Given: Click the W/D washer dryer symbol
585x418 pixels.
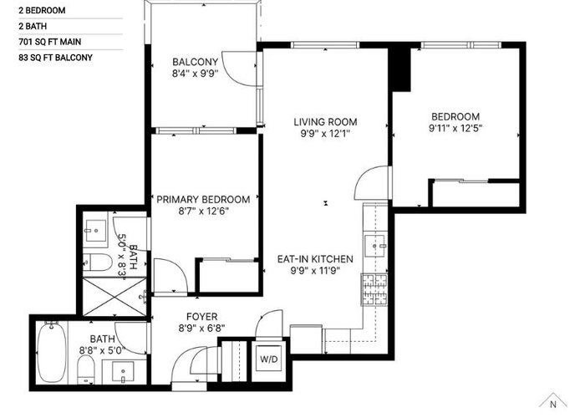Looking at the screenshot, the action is tap(269, 359).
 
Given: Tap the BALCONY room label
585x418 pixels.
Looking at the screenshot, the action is tap(195, 62).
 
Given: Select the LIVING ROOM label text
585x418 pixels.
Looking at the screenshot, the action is tap(325, 122).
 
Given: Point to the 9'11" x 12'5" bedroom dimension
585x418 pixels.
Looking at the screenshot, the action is tap(455, 129).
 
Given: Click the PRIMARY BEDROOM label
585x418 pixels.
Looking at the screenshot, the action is tap(203, 199).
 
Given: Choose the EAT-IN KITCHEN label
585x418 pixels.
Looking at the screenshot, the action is tap(315, 259).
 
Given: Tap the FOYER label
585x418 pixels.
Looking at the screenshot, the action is tap(202, 317).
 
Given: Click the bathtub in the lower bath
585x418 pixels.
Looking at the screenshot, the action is tap(52, 353).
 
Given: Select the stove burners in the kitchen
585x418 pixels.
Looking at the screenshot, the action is tap(374, 289).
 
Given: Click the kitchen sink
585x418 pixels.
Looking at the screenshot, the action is tap(376, 246).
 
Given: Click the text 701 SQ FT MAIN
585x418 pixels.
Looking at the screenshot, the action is tap(49, 42).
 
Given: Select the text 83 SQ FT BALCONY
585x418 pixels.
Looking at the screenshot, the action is tap(56, 58).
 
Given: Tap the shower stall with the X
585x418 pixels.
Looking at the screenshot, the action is tap(114, 296).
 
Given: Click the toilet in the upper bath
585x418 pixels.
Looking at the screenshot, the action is tap(97, 262).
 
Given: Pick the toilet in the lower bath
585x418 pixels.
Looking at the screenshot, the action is tap(85, 370).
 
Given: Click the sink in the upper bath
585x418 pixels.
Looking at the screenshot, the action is tap(95, 230).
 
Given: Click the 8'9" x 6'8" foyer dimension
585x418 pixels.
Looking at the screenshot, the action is tap(202, 329).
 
